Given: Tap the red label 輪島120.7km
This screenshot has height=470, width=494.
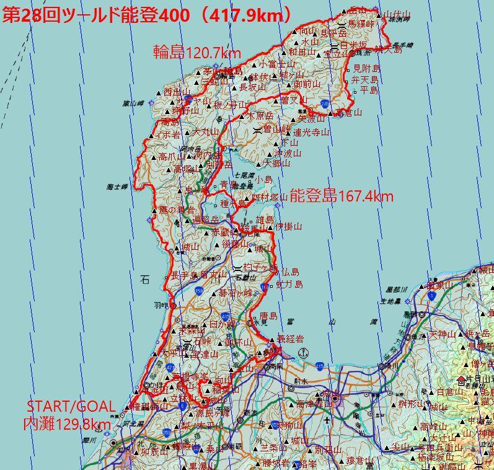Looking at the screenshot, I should point(197,52).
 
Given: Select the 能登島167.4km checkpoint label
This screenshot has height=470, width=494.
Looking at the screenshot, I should point(341,197).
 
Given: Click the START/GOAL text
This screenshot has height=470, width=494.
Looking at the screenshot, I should point(71,407).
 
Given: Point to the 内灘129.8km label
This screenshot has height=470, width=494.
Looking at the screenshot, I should point(66,423).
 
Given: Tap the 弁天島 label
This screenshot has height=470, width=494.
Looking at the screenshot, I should point(364,79).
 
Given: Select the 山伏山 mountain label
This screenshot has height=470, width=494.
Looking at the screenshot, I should point(397,14).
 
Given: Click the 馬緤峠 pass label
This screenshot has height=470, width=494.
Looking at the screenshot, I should point(361,24).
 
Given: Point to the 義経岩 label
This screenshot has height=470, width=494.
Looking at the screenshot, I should point(289,339).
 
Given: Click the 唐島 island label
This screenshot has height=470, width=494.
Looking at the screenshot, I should point(271,315).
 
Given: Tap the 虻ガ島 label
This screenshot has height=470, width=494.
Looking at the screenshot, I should point(289,284).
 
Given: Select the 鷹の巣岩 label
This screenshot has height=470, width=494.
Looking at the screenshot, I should point(177,210).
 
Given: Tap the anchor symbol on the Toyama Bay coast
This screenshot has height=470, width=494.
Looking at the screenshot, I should point(302,353).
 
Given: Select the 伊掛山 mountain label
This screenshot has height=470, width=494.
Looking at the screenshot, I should point(289,226).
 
